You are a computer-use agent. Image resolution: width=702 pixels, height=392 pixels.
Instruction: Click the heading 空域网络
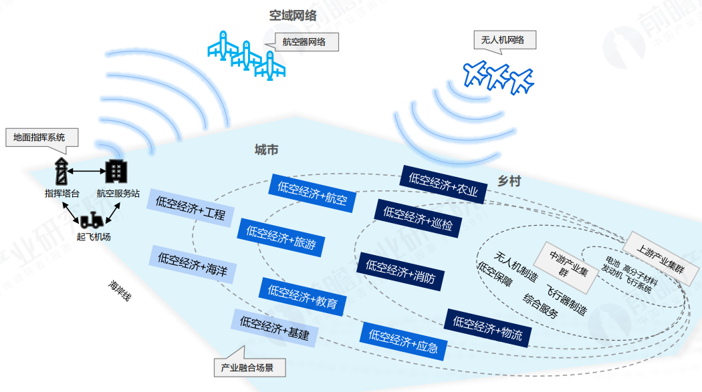tap(293, 15)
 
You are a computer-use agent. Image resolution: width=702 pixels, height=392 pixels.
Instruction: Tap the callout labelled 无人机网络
tap(503, 40)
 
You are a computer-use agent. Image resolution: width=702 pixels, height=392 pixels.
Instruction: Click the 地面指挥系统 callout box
tap(39, 138)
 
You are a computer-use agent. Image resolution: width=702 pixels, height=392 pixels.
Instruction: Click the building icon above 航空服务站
tap(116, 171)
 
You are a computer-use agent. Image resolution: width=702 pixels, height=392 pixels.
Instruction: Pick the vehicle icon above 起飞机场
tap(92, 219)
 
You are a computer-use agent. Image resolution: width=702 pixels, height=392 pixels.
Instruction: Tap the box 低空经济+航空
tap(312, 192)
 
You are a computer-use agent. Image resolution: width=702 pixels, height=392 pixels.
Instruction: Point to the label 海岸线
tap(120, 292)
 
